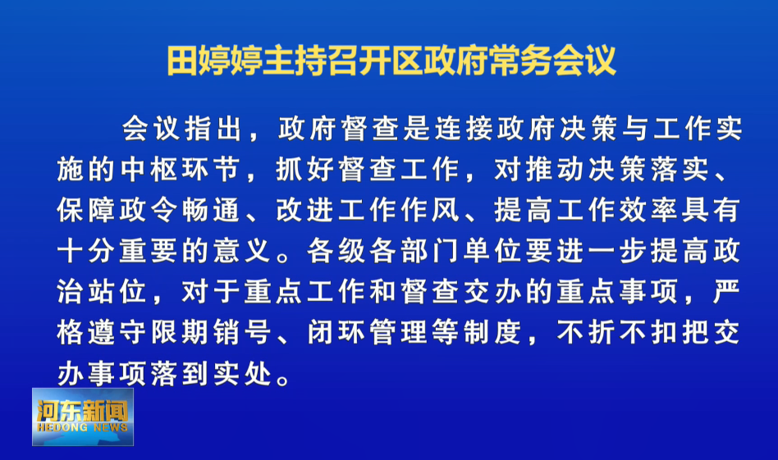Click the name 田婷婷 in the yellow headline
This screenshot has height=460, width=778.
214,61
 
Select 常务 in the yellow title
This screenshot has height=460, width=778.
520,61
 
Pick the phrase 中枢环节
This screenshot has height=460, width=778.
181,170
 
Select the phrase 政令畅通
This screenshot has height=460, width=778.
181,210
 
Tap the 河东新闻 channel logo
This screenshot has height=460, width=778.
83,417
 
